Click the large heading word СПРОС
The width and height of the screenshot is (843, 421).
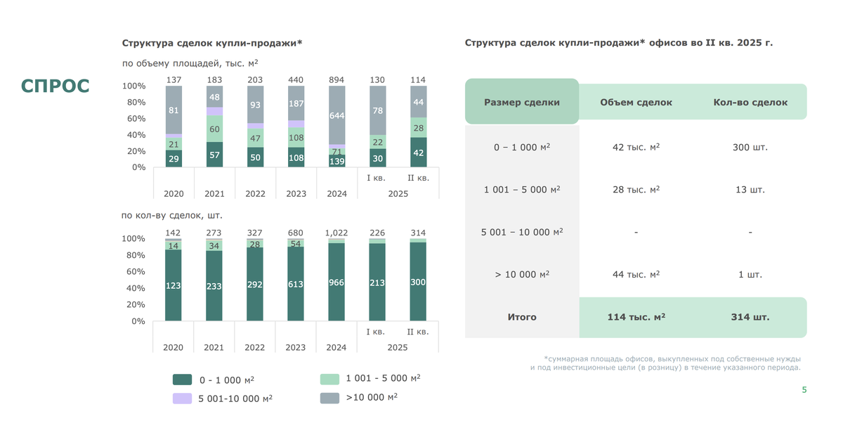coord(55,86)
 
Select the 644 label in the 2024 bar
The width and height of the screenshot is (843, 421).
coord(336,115)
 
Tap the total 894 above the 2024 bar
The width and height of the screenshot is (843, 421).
coord(336,80)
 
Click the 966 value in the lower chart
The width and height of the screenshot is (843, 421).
coord(336,282)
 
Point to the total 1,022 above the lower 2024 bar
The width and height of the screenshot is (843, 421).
coord(336,233)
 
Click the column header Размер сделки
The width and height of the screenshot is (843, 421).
coord(522,102)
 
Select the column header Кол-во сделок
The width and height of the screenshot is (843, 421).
coord(750,102)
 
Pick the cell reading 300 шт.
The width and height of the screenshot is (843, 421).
coord(750,148)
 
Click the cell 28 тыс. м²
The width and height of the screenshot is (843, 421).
coord(636,190)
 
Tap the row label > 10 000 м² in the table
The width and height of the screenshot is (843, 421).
coord(522,274)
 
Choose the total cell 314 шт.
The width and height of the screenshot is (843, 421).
coord(750,317)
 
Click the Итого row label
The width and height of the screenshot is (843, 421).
coord(522,317)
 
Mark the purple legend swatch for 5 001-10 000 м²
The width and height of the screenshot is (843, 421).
coord(182,399)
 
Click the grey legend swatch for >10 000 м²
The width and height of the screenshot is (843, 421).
coord(329,398)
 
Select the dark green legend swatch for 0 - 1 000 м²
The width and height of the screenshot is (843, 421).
coord(182,380)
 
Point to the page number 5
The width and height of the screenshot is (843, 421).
coord(804,390)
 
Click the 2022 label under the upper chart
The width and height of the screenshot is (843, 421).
coord(255,193)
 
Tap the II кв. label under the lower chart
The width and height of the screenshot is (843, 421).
coord(418,332)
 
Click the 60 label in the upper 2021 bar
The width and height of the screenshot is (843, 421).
coord(214,129)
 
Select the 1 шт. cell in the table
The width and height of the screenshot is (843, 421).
coord(750,274)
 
